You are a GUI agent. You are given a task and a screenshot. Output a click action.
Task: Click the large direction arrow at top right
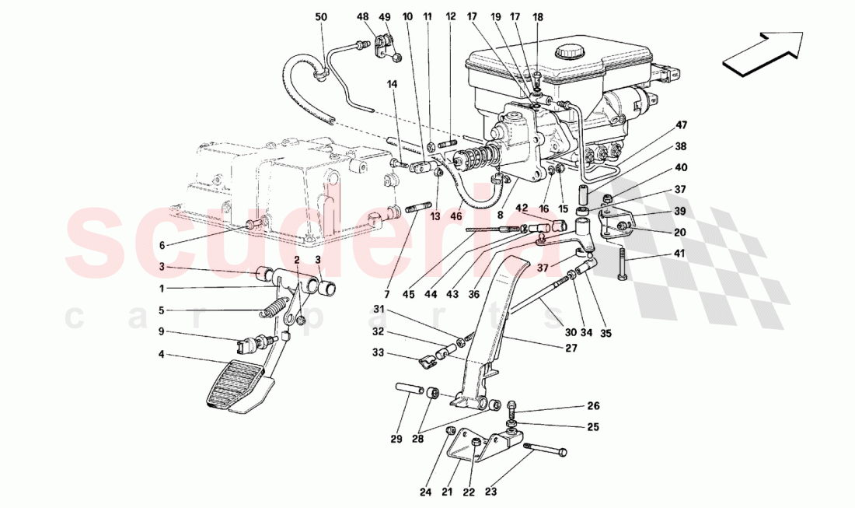(763, 54)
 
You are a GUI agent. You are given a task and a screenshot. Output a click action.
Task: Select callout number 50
(321, 16)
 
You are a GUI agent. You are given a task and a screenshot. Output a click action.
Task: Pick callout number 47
(681, 124)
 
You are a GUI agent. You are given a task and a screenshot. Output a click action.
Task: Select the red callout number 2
(296, 259)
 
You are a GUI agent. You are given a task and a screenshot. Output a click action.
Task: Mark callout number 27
(571, 349)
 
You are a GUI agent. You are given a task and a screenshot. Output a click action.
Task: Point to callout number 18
(538, 16)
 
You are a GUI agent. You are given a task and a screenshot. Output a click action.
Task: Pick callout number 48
(363, 16)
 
